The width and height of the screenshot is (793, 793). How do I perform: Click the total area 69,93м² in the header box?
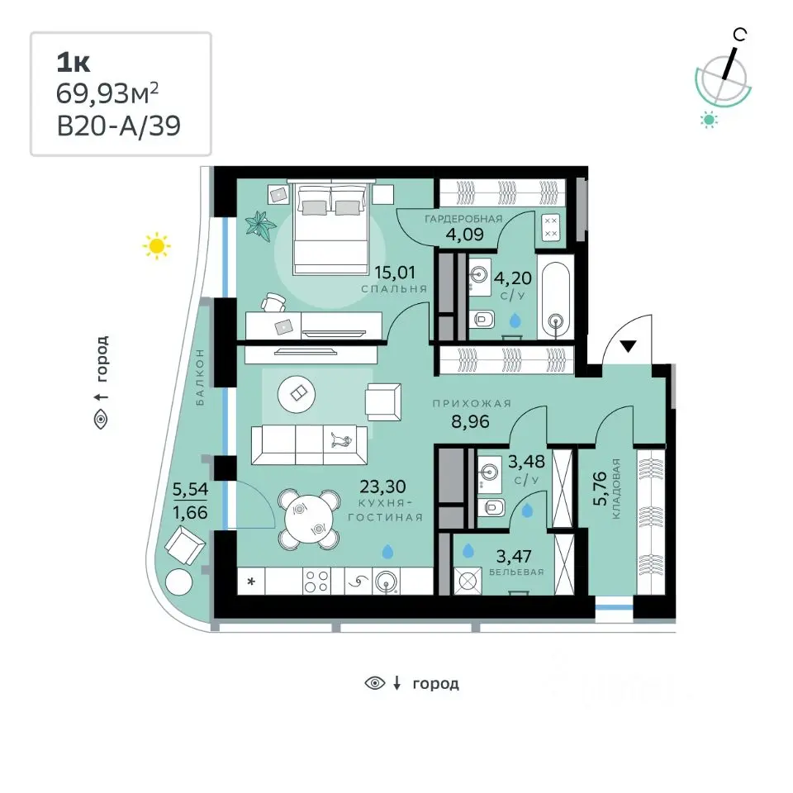pyautogui.click(x=107, y=93)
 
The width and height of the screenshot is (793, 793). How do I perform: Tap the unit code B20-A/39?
pyautogui.click(x=118, y=126)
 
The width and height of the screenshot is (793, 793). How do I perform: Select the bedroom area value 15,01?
pyautogui.click(x=395, y=273)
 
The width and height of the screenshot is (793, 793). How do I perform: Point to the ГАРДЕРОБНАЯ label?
pyautogui.click(x=463, y=219)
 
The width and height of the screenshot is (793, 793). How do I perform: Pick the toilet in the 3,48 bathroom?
pyautogui.click(x=491, y=506)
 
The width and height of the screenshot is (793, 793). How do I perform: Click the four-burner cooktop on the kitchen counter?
pyautogui.click(x=316, y=580)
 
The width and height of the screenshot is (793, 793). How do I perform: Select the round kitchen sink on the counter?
pyautogui.click(x=387, y=581)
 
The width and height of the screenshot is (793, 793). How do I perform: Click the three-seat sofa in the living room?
pyautogui.click(x=309, y=445)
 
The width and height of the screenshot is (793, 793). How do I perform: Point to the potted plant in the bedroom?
pyautogui.click(x=260, y=222)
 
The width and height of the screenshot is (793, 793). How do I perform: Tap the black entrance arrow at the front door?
pyautogui.click(x=628, y=346)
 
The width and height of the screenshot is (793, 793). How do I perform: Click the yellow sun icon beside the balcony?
pyautogui.click(x=157, y=246)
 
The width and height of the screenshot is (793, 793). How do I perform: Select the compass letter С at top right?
pyautogui.click(x=739, y=35)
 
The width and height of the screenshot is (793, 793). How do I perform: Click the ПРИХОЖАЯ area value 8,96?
pyautogui.click(x=470, y=421)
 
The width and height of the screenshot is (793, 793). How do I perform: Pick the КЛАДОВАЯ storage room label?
pyautogui.click(x=616, y=488)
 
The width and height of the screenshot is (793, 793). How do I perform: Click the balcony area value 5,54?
pyautogui.click(x=190, y=490)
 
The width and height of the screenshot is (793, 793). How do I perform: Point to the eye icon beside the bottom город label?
pyautogui.click(x=375, y=683)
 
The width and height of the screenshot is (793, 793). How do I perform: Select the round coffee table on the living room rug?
pyautogui.click(x=297, y=393)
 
